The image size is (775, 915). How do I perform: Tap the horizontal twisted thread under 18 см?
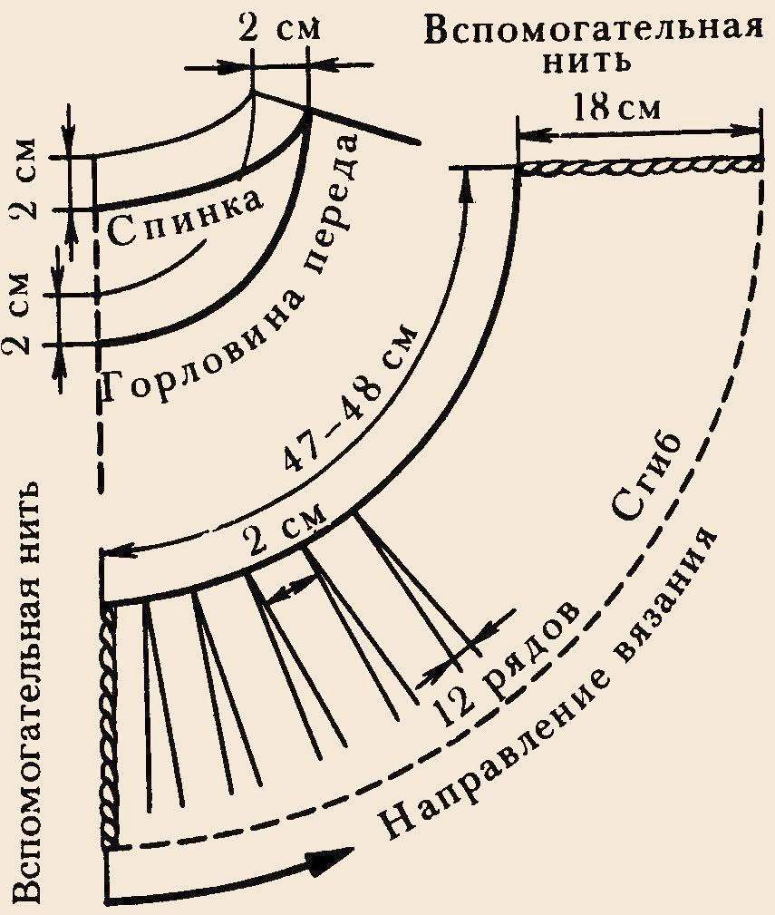[639, 165]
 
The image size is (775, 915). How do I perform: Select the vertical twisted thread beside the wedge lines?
[111, 725]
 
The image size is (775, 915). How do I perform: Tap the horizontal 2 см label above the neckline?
[279, 26]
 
